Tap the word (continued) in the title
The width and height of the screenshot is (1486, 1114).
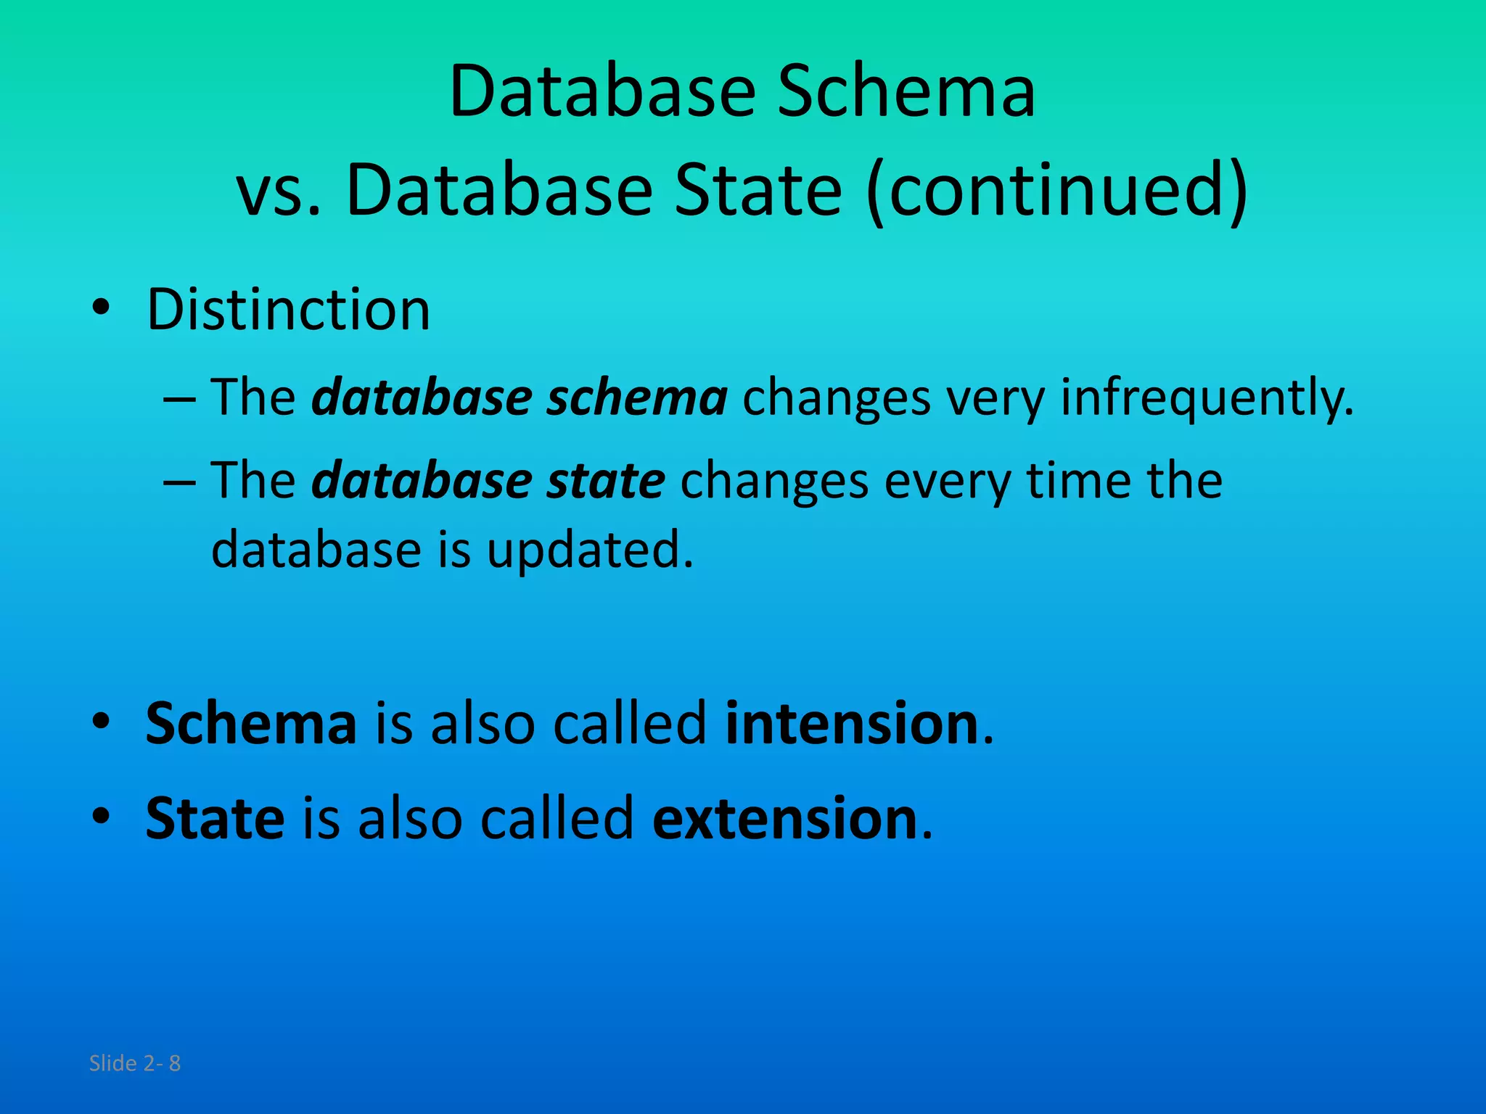coord(1057,190)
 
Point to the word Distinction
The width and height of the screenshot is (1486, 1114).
coord(288,310)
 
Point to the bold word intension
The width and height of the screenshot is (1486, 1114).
coord(852,723)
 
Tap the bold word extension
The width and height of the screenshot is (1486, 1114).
coord(784,818)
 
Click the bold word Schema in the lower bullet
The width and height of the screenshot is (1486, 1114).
coord(251,723)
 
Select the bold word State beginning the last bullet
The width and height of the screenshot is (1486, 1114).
coord(215,818)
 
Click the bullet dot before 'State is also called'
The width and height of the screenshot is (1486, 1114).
coord(101,817)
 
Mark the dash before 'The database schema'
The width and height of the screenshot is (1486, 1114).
coord(179,400)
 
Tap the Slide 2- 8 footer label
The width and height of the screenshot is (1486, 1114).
coord(134,1063)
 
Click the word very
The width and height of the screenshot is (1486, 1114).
coord(995,399)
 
